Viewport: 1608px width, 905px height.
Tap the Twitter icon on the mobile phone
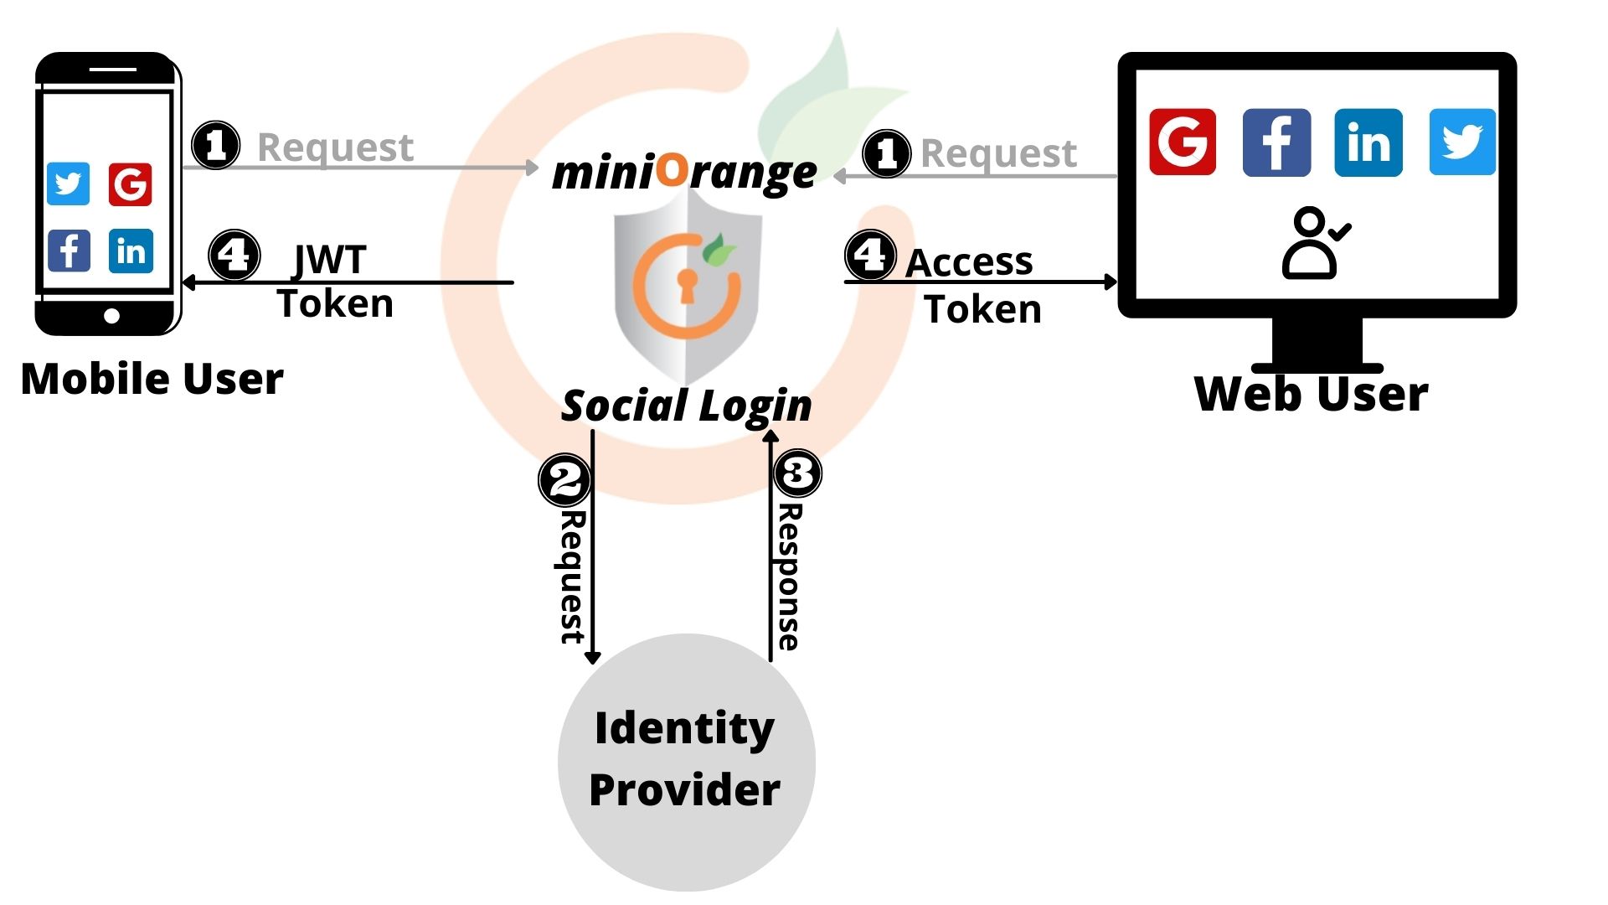(x=68, y=184)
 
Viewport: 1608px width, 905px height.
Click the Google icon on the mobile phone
(x=130, y=184)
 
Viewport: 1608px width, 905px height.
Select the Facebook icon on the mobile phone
(x=69, y=250)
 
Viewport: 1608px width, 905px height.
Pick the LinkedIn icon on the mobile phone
(x=131, y=251)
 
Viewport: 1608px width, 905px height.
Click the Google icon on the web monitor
(x=1182, y=142)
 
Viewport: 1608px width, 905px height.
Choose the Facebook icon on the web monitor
(x=1276, y=142)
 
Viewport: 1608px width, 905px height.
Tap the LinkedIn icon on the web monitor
(x=1368, y=142)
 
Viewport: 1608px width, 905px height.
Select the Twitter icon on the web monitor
(x=1461, y=142)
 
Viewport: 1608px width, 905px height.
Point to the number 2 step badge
(x=564, y=480)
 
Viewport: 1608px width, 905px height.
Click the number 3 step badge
(x=797, y=472)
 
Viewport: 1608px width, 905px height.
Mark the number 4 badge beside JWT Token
(x=234, y=255)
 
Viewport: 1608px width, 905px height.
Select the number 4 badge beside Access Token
(x=870, y=255)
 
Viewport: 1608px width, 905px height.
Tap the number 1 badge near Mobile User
(x=216, y=145)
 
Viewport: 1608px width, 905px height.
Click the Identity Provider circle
(x=686, y=761)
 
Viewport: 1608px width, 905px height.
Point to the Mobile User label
(x=152, y=379)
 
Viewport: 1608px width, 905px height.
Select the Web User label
(x=1311, y=394)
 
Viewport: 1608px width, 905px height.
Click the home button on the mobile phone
(x=111, y=316)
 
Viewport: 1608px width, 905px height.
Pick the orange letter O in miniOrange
(x=672, y=169)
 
